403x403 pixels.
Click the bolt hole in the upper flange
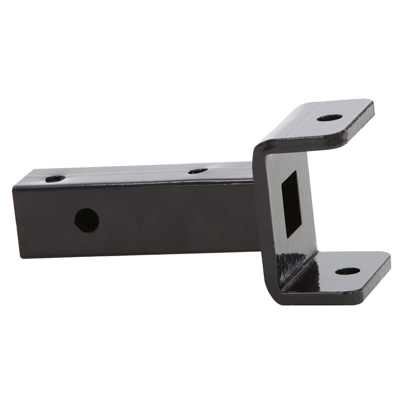[x=330, y=119]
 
